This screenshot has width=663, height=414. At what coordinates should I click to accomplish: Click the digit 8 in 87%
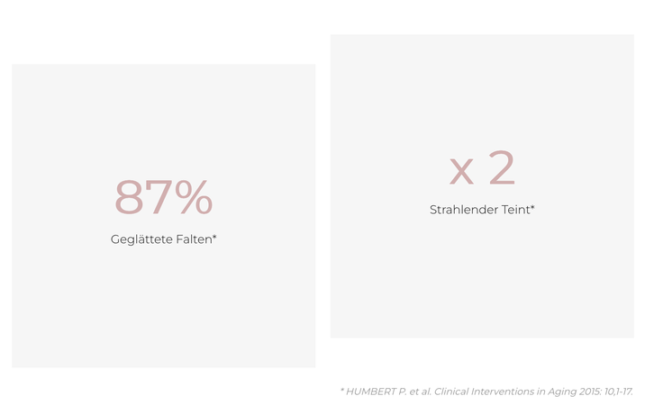click(129, 197)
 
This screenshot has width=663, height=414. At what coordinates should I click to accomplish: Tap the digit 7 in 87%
click(159, 197)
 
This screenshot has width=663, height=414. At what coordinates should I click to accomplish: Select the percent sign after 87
click(194, 197)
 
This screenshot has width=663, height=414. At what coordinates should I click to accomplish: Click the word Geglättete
click(141, 239)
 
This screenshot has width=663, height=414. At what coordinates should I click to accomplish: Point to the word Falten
click(194, 239)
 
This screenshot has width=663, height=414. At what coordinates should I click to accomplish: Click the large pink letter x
click(461, 171)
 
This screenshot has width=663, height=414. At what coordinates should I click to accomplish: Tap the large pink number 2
click(502, 167)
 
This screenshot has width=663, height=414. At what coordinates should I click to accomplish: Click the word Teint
click(515, 210)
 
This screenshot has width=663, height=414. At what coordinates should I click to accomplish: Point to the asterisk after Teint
click(532, 207)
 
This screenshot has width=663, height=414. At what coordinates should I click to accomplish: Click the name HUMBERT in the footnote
click(371, 391)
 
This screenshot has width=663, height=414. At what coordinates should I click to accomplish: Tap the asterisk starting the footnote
click(342, 390)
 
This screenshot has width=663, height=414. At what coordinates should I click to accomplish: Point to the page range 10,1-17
click(619, 392)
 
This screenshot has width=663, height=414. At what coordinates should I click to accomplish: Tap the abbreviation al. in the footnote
click(426, 391)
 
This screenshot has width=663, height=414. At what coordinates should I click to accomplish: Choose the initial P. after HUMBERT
click(403, 391)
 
